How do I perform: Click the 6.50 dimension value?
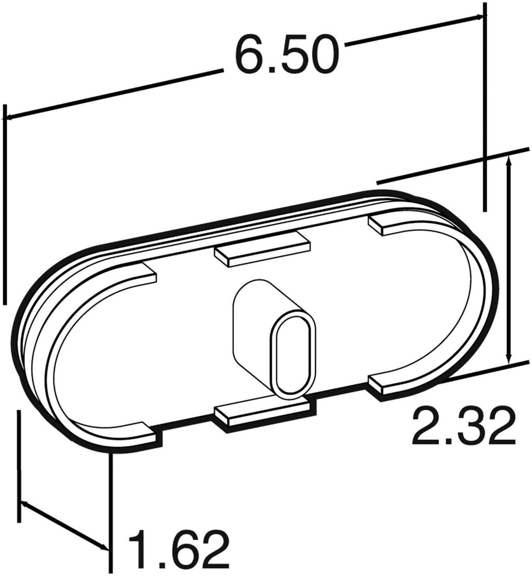click(286, 54)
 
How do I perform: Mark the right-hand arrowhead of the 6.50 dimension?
click(478, 17)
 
